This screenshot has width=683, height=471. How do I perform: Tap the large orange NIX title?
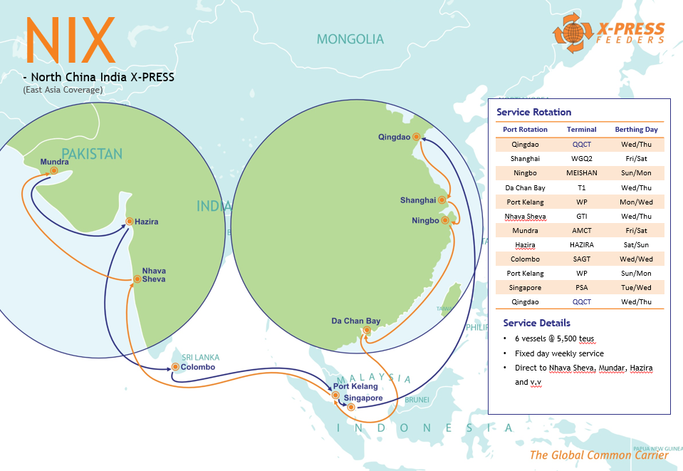tap(70, 40)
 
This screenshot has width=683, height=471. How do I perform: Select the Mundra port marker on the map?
tap(54, 171)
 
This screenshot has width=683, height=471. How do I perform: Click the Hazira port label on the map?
tap(146, 222)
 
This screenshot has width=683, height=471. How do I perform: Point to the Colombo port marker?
tap(174, 368)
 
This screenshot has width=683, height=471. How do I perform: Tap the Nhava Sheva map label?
tap(154, 275)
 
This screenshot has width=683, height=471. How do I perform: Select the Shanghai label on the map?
tap(418, 200)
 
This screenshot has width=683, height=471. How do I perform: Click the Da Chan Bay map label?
tap(356, 321)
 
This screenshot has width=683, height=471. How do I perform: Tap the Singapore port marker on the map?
tap(350, 407)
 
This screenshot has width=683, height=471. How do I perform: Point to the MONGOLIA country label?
tap(350, 39)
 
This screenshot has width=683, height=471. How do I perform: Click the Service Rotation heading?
tap(533, 112)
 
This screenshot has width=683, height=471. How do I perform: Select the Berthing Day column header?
tap(636, 130)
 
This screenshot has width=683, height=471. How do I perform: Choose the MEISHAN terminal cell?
tap(581, 172)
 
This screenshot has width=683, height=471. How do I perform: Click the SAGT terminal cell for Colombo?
tap(581, 259)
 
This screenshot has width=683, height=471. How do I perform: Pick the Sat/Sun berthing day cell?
tap(636, 244)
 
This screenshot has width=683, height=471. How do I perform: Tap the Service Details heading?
tap(536, 323)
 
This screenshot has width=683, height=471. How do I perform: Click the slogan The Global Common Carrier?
tap(598, 455)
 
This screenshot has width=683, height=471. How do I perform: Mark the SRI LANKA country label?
tap(200, 357)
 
